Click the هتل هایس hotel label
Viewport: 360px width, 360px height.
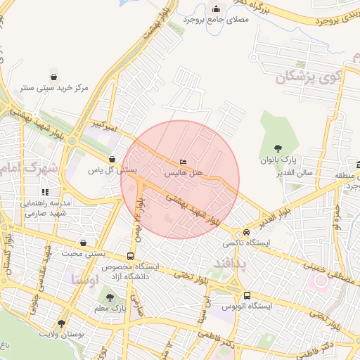(184, 172)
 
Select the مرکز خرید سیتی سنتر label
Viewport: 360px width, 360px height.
(53, 88)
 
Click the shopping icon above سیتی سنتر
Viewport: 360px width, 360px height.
(53, 77)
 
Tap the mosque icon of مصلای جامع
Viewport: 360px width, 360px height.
(216, 9)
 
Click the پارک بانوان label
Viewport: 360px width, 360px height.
(278, 160)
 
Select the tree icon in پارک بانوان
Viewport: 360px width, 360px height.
(278, 148)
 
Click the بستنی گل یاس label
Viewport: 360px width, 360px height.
(112, 170)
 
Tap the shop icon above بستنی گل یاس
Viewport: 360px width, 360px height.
(112, 160)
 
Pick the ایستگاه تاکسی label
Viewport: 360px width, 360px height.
(246, 243)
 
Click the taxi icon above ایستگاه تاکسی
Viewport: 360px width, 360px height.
(247, 233)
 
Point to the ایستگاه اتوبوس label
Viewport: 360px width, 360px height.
(246, 307)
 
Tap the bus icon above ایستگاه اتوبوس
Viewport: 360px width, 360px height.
(247, 296)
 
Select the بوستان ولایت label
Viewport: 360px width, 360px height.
(61, 335)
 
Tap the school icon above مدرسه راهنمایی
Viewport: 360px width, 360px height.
(45, 191)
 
